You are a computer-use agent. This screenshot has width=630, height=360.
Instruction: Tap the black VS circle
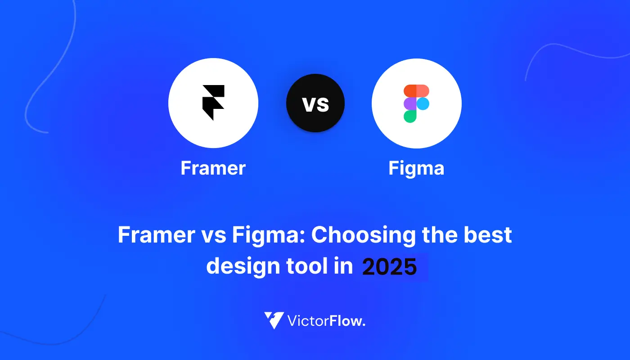point(315,103)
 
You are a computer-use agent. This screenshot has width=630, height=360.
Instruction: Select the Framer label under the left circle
point(213,168)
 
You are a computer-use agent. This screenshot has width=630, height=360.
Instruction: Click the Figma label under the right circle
point(416,169)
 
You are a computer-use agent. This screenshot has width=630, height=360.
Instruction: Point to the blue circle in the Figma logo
point(423,103)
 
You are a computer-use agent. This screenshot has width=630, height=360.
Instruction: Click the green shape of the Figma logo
point(410,117)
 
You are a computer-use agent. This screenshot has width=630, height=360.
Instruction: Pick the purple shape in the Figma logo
point(410,103)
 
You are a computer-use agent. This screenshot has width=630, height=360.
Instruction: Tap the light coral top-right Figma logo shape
point(423,91)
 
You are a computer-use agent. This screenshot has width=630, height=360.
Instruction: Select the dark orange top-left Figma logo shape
point(410,91)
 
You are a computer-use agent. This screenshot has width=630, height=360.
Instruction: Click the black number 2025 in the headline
point(390,266)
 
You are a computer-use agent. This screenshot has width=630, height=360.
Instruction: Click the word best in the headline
point(488,234)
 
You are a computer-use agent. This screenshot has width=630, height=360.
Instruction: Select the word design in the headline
point(243,266)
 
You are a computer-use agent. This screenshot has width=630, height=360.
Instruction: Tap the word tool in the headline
point(307,265)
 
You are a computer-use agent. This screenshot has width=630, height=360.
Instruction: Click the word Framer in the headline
point(157,234)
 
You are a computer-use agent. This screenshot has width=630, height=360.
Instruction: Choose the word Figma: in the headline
point(269,236)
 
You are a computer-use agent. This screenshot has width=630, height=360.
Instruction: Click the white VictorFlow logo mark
point(274,320)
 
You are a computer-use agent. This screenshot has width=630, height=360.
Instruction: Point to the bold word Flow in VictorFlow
point(347,320)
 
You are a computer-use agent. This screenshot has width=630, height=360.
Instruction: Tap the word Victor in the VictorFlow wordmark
point(308,320)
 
